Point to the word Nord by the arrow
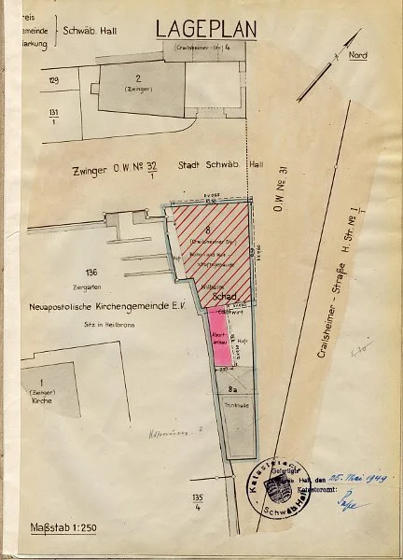[357, 55]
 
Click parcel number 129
[53, 82]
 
